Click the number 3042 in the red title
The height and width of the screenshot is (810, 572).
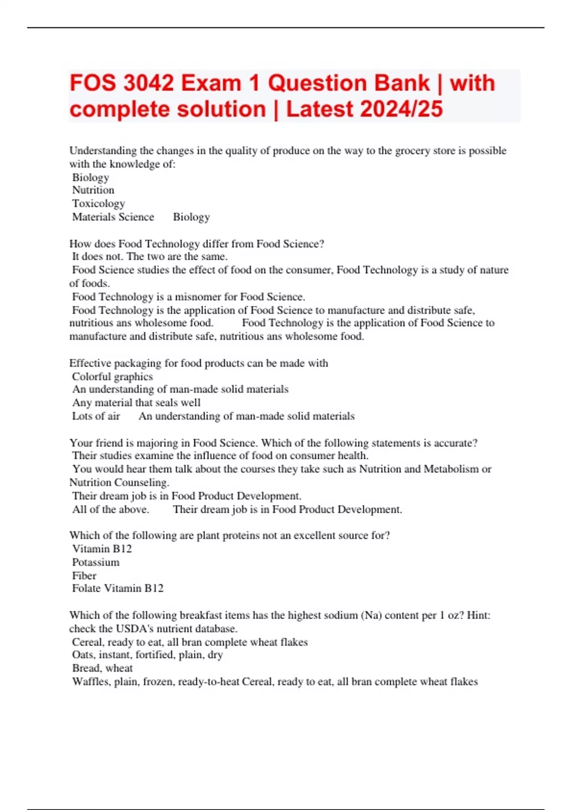(148, 83)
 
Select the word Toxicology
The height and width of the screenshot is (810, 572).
(98, 203)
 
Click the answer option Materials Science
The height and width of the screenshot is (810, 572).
(113, 217)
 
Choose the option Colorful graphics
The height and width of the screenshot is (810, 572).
(112, 376)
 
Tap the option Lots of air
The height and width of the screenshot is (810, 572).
(96, 416)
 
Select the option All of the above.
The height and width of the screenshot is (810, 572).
(111, 509)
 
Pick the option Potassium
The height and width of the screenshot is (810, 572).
(96, 562)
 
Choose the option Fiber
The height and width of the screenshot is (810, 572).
(84, 576)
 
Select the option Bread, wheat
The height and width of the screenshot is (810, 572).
(102, 668)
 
